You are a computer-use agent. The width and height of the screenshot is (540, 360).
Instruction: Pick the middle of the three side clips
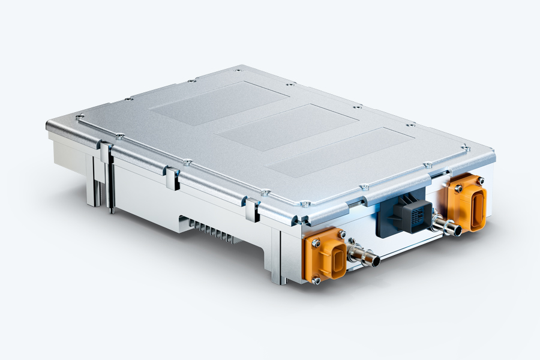(x=172, y=179)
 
